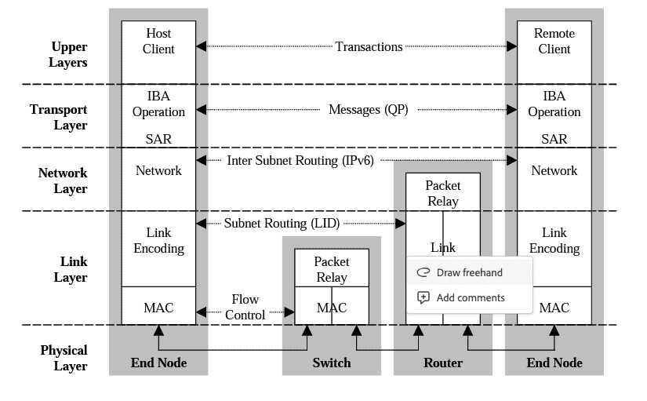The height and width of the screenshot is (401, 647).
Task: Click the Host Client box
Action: click(x=158, y=42)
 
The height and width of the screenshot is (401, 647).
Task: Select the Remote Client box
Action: click(x=554, y=42)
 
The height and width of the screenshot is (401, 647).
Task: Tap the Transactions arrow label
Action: click(x=369, y=47)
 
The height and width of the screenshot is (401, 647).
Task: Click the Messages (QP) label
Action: click(x=368, y=110)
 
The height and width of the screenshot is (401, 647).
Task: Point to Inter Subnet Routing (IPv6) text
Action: click(x=300, y=161)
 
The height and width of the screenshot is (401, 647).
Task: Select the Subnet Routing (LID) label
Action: click(x=282, y=224)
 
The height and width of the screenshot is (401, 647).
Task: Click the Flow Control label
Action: click(x=245, y=307)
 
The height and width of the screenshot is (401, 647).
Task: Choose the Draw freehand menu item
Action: click(x=469, y=272)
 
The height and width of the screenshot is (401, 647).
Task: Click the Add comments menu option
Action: click(x=470, y=297)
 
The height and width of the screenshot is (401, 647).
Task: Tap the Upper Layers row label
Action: click(x=69, y=55)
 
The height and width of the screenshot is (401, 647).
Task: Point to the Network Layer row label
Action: click(x=63, y=180)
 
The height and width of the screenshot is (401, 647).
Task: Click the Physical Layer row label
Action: click(x=64, y=358)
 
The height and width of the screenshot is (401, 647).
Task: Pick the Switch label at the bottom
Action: click(x=332, y=363)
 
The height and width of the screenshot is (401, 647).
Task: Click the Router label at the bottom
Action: click(x=443, y=363)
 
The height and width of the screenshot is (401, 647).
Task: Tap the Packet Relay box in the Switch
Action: click(x=332, y=269)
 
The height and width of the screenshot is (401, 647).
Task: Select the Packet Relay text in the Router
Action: click(x=443, y=193)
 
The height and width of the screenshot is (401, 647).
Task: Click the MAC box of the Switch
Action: click(x=332, y=308)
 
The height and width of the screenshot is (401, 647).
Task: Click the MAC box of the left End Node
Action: click(x=158, y=308)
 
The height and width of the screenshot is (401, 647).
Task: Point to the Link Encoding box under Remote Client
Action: click(x=554, y=241)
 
